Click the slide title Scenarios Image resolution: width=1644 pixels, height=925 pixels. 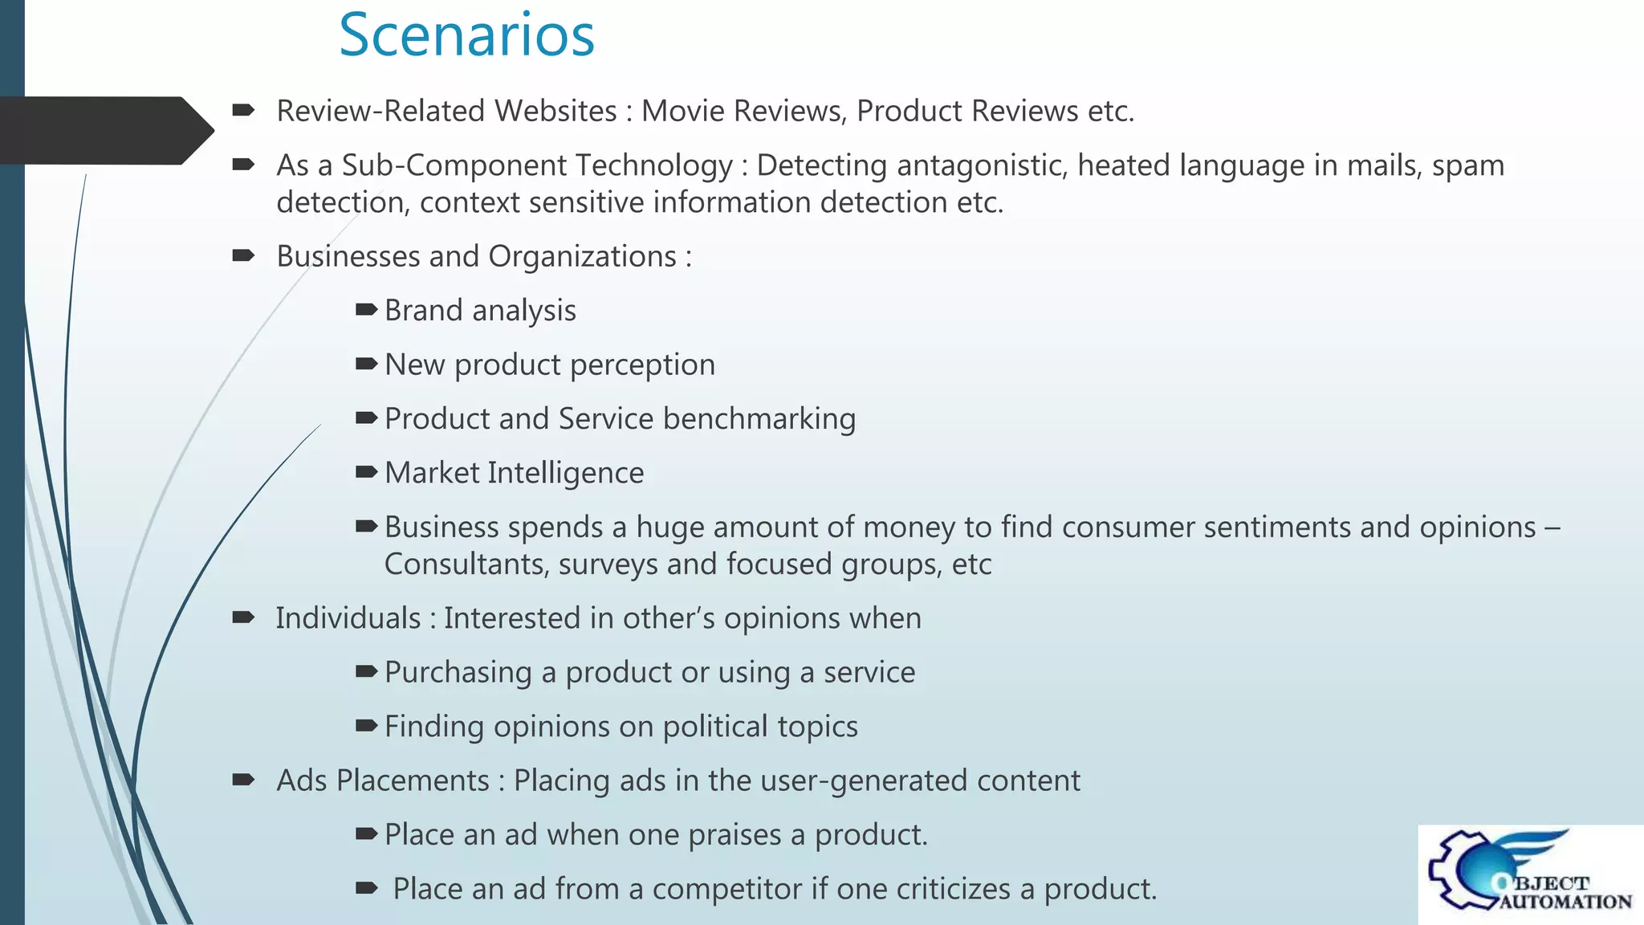[x=466, y=35]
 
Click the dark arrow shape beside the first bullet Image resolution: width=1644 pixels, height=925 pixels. [x=104, y=130]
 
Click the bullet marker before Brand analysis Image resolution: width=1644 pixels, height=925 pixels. [x=366, y=310]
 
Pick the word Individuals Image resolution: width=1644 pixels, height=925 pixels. [x=348, y=619]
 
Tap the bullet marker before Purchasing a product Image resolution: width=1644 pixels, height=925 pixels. [x=366, y=671]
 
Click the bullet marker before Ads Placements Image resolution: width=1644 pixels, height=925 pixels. [x=243, y=780]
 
